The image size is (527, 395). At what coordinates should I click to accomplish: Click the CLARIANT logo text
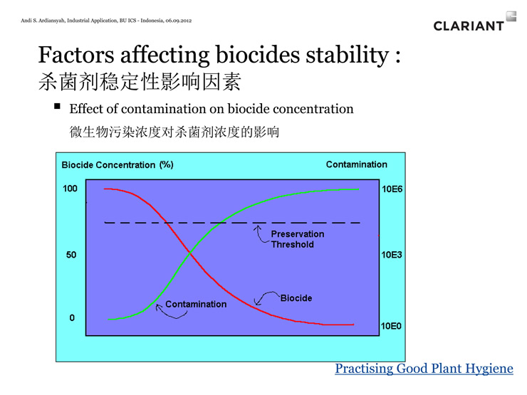(469, 26)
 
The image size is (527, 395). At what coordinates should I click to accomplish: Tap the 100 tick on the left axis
(70, 189)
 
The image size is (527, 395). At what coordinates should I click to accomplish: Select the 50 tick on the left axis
(71, 255)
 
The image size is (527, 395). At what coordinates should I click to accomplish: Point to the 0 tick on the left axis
(72, 317)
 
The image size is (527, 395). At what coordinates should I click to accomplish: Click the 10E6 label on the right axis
(392, 189)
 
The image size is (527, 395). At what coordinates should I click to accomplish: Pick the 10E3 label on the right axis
(392, 255)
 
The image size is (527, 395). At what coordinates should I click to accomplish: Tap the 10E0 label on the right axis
(391, 326)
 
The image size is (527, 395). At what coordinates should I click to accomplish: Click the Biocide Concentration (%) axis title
(118, 165)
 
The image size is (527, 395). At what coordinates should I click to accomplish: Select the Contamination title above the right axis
(357, 164)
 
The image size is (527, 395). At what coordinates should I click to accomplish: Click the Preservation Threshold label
(298, 239)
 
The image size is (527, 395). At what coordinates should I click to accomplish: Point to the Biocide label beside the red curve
(296, 298)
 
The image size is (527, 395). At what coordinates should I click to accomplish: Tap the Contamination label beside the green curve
(196, 304)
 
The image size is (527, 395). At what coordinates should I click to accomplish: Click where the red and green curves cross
(190, 253)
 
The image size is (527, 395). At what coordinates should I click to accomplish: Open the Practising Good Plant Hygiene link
(424, 369)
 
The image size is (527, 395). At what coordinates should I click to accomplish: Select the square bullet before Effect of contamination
(57, 107)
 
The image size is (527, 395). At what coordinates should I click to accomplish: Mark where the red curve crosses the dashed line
(166, 222)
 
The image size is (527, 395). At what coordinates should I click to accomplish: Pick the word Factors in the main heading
(76, 54)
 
